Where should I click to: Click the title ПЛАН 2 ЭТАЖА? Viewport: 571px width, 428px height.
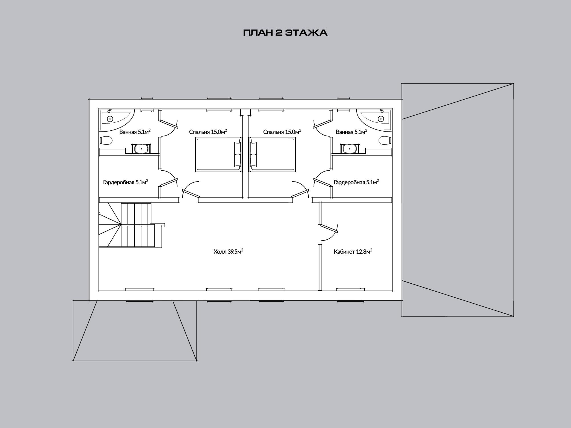[285, 33]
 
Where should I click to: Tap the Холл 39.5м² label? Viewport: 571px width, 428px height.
[228, 251]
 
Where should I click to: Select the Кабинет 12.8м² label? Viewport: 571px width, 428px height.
[353, 251]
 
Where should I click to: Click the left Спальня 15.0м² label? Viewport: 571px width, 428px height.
[208, 132]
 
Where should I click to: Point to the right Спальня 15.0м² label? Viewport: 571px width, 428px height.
[282, 132]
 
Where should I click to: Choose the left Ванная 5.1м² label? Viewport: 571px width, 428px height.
[135, 132]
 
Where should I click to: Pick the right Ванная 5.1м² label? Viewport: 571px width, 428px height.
[351, 132]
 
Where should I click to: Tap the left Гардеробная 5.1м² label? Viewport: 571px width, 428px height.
[126, 182]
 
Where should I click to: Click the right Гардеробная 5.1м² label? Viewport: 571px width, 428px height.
[356, 182]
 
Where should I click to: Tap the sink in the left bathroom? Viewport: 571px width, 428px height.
[141, 149]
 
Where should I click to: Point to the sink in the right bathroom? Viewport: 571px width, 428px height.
[349, 149]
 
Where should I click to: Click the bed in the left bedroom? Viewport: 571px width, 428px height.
[218, 154]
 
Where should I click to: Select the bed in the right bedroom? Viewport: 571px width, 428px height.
[272, 154]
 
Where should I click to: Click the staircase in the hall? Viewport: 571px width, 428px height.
[131, 225]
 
